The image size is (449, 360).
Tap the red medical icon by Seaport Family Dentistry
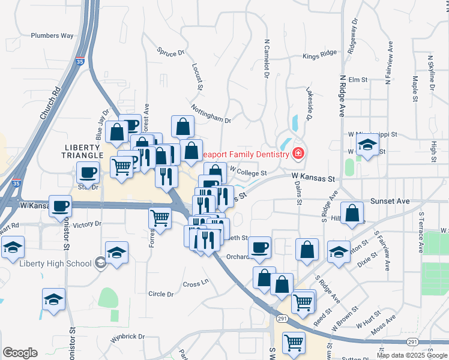(x=297, y=154)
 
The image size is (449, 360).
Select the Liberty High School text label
(x=55, y=263)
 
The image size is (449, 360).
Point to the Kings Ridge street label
(x=320, y=55)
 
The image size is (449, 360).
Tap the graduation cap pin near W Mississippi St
(x=367, y=145)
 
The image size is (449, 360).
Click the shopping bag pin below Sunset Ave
(x=354, y=212)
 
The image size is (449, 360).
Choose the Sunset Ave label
(x=391, y=202)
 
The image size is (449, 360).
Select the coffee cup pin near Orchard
(x=260, y=247)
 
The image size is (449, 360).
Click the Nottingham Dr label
(x=211, y=114)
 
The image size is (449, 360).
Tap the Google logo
(x=20, y=353)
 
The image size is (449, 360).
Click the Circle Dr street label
(x=160, y=294)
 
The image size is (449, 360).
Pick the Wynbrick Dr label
(x=127, y=337)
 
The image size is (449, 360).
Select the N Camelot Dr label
(x=265, y=59)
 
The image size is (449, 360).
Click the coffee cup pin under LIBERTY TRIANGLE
(x=88, y=172)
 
